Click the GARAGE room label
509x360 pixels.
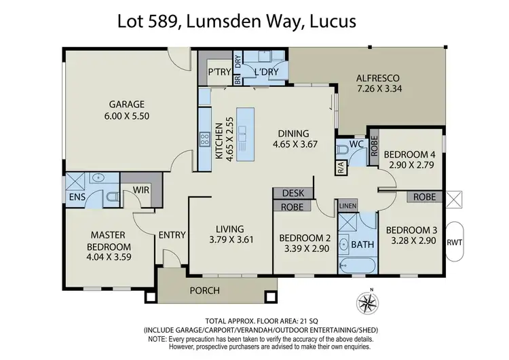pyautogui.click(x=128, y=105)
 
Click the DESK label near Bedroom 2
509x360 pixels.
pyautogui.click(x=293, y=194)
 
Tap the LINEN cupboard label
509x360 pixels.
pyautogui.click(x=347, y=206)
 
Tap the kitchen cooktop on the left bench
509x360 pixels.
pyautogui.click(x=204, y=140)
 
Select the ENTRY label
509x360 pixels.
pyautogui.click(x=172, y=235)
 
